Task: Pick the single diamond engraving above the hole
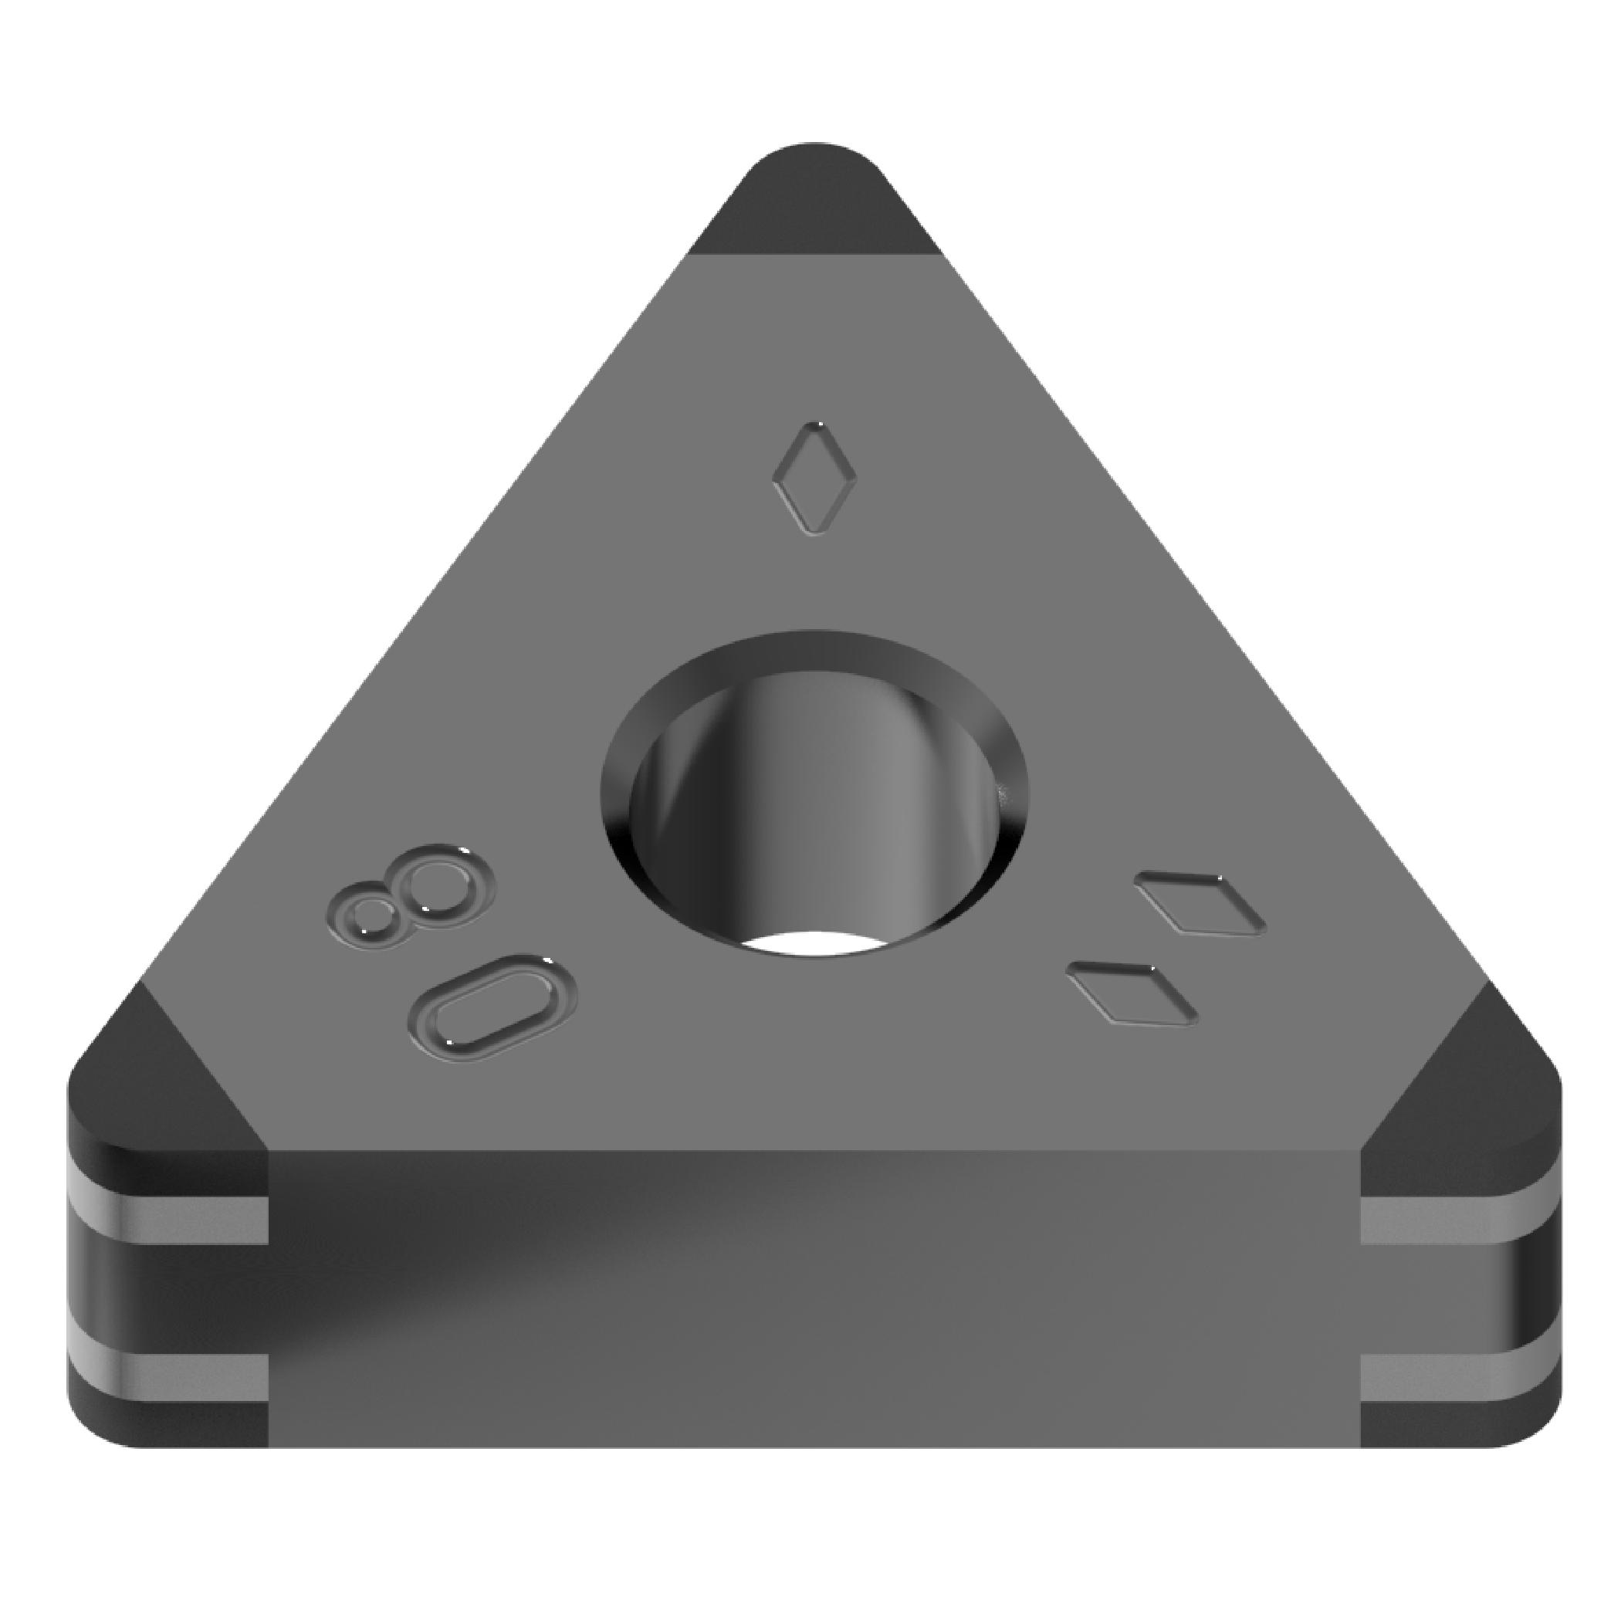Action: coord(814,479)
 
